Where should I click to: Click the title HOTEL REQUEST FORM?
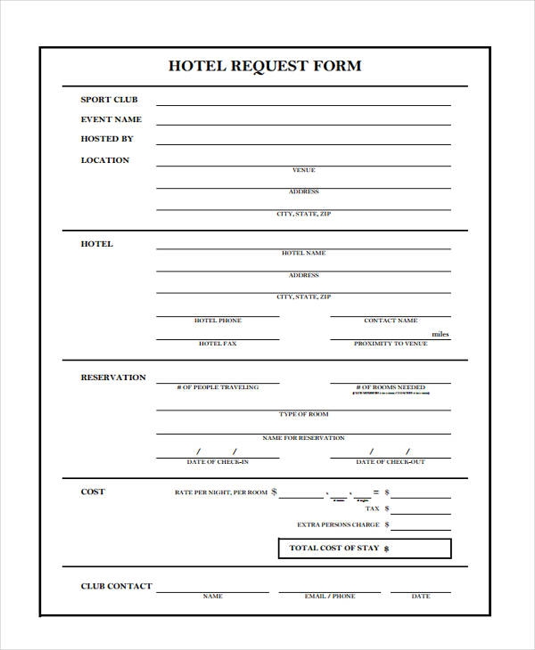[265, 66]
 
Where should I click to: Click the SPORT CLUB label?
[109, 100]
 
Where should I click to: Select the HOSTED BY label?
[107, 139]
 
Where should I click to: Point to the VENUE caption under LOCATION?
[303, 170]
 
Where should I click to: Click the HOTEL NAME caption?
[303, 253]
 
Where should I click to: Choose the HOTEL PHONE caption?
[218, 321]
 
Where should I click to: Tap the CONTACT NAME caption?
[391, 321]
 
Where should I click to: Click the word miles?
[440, 335]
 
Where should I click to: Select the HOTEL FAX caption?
[218, 344]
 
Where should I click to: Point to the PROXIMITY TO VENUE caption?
[391, 344]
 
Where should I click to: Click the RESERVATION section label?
[113, 378]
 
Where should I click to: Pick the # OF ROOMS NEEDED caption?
[391, 388]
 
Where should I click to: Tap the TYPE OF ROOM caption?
[303, 415]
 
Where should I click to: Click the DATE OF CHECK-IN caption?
[218, 462]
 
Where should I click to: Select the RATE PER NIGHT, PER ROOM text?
[221, 492]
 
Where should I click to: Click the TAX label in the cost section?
[373, 509]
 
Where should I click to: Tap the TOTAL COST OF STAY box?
[364, 548]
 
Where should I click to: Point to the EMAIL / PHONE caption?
[329, 597]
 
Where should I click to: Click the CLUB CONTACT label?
[116, 587]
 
